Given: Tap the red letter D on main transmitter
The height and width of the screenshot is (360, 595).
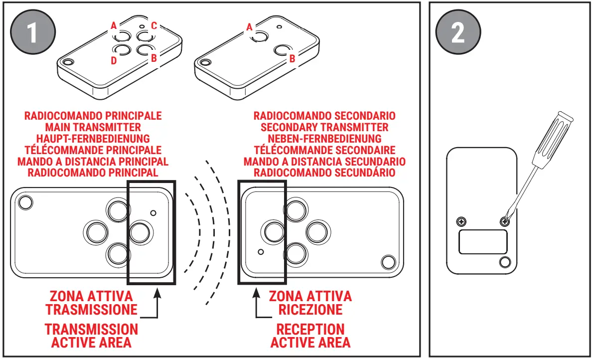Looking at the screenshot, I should point(114,61).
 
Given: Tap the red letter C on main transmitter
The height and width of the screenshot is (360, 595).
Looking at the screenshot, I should point(154,25).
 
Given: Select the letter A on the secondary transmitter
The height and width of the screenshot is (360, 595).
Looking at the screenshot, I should point(250,27).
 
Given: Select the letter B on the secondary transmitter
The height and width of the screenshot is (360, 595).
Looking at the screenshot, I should point(292,59).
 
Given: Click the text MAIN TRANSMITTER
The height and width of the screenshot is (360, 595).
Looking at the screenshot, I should point(93,127).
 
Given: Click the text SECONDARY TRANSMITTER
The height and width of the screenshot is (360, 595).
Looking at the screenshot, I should point(324,127).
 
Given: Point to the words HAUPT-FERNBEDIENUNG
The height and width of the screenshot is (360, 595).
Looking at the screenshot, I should point(93,139).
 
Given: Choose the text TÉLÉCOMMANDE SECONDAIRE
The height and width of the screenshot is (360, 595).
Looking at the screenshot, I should point(324,150).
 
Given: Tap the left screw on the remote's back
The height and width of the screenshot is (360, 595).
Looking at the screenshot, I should point(462,221).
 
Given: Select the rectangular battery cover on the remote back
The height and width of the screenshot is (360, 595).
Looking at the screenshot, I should point(482,241).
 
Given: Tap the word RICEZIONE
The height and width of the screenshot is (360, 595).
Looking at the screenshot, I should point(310,309).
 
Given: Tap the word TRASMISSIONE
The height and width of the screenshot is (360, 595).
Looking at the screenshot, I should point(92,309).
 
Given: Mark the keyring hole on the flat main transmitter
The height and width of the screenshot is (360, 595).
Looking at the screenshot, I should point(25,202).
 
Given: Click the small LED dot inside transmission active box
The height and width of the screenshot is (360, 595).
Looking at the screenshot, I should point(153,213).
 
